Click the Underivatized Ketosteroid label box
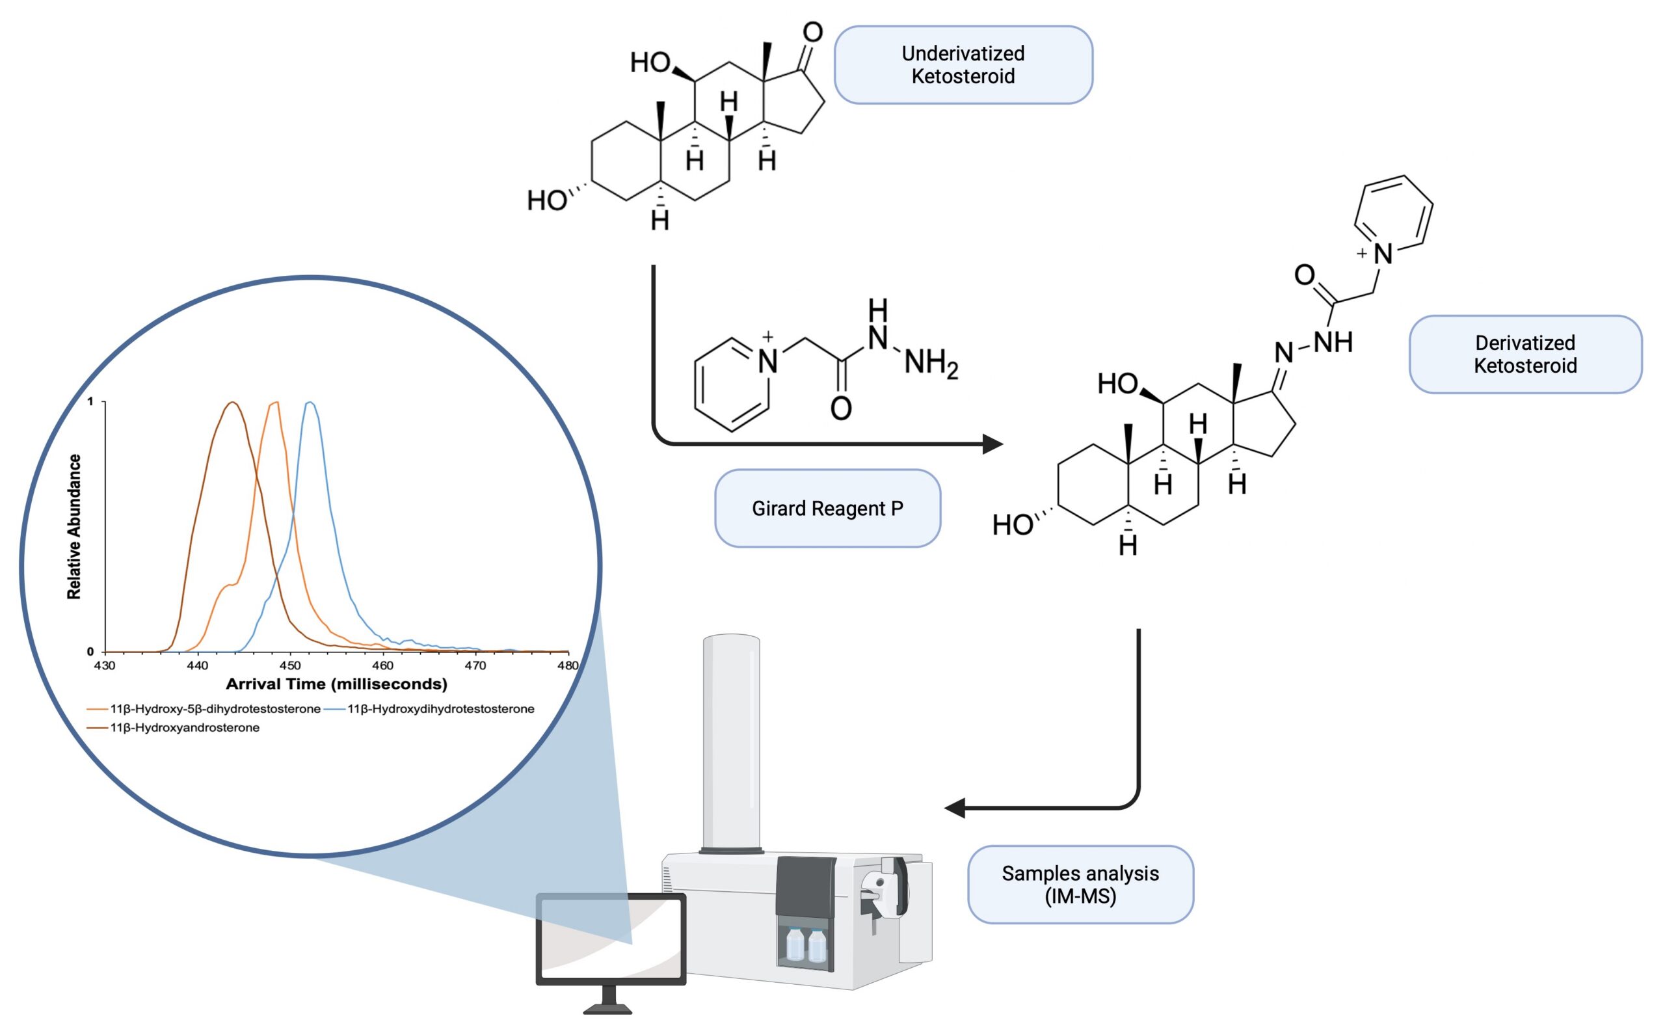(963, 65)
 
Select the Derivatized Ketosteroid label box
(1525, 354)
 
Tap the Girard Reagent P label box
(827, 508)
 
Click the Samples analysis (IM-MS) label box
(1080, 885)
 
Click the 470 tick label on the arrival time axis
(475, 665)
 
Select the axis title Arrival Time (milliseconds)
(336, 684)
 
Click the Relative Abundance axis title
(73, 526)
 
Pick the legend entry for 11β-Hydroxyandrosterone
(184, 728)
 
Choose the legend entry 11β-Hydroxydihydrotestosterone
(440, 708)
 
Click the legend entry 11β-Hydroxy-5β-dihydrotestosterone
(215, 708)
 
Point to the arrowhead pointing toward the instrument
(955, 808)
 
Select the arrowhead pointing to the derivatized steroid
(992, 444)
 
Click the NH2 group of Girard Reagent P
(930, 363)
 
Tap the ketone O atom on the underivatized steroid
(812, 32)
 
